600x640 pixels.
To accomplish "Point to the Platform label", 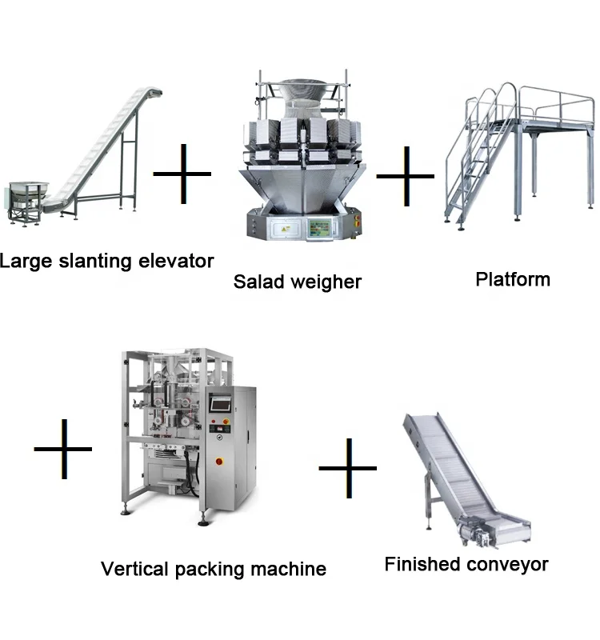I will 513,279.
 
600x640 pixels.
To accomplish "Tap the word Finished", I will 421,564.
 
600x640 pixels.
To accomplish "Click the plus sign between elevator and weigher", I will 182,173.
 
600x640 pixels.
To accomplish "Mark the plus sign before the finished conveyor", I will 347,467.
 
